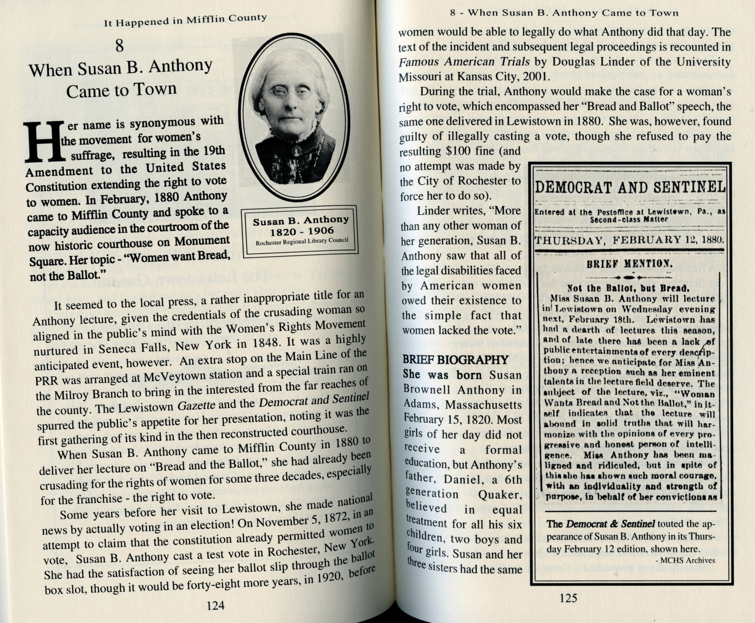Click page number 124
click(215, 606)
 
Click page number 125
click(568, 598)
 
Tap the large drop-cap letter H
click(44, 141)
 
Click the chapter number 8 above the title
click(119, 46)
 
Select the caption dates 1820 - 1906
click(302, 231)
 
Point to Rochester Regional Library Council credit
click(302, 241)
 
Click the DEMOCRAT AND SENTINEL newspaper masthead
click(630, 187)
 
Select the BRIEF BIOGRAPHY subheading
click(455, 359)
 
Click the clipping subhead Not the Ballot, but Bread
click(622, 287)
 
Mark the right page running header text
click(564, 13)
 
